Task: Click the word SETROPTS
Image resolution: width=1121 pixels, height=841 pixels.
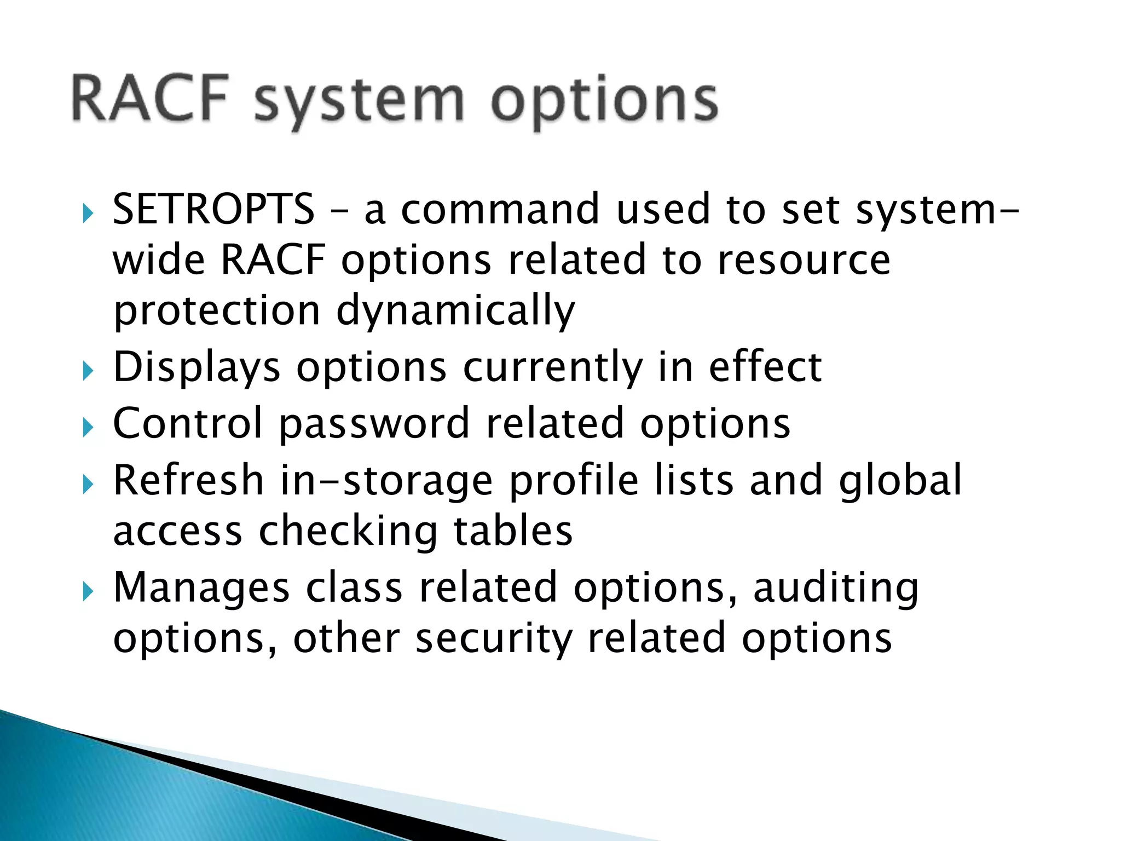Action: pos(213,209)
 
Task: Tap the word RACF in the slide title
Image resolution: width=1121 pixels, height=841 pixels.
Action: pos(149,99)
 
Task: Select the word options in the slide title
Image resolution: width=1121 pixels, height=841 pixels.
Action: pos(604,101)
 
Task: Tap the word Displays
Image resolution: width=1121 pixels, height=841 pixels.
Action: pos(197,367)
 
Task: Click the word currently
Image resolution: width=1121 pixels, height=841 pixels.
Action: pos(553,367)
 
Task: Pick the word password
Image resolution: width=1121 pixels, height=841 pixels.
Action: pos(374,424)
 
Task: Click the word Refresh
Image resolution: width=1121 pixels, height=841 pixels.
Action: pos(188,480)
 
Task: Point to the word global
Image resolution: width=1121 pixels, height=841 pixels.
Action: pos(900,480)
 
